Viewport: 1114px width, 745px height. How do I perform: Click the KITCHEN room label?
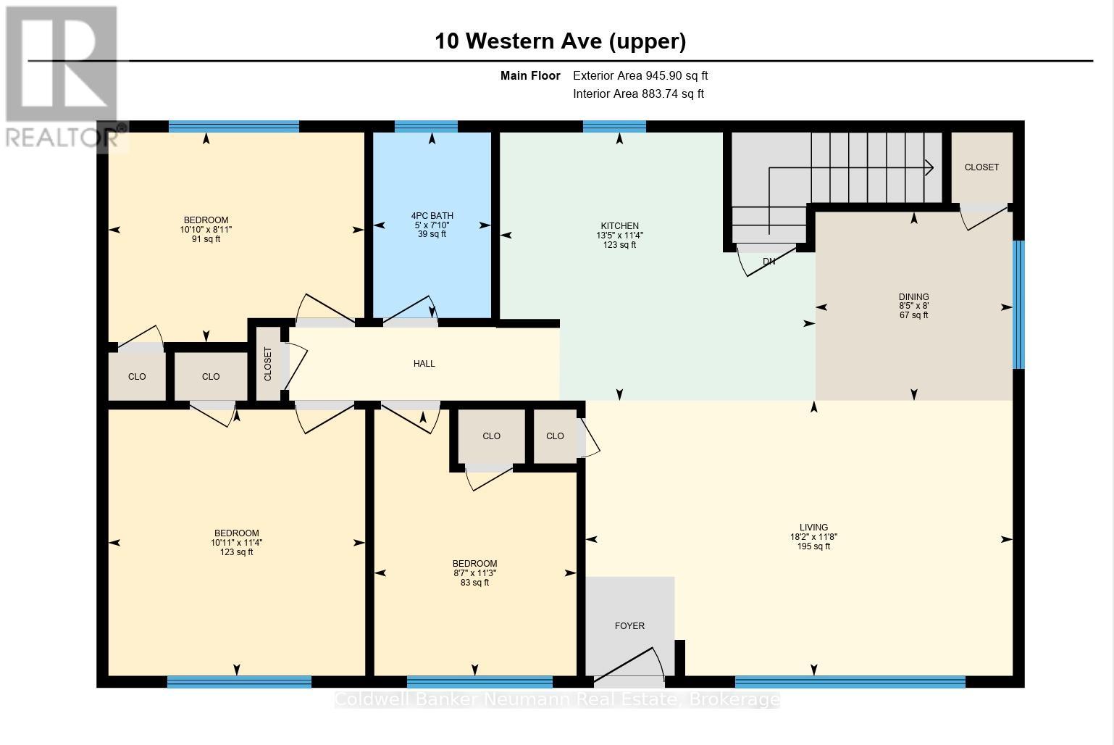(619, 226)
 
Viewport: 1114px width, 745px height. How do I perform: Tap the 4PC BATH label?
(432, 216)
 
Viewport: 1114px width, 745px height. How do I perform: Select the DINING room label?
(913, 297)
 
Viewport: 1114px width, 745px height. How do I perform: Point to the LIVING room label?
(813, 528)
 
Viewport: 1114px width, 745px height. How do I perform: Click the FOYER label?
(629, 626)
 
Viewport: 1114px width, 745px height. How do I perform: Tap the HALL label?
(424, 364)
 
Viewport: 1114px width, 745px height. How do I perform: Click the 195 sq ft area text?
(813, 546)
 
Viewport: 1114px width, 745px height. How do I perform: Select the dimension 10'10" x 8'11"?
(206, 230)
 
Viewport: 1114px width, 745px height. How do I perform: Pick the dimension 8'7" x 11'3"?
(474, 573)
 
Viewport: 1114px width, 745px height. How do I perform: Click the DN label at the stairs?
(769, 262)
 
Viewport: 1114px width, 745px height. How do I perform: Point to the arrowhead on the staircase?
(929, 167)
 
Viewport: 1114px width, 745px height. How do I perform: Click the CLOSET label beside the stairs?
(981, 167)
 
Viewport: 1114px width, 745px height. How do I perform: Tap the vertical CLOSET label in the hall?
(268, 365)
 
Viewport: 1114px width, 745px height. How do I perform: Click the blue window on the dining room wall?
(1018, 304)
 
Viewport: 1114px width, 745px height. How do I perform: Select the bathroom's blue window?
(426, 126)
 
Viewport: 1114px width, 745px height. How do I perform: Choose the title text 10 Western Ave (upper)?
(561, 41)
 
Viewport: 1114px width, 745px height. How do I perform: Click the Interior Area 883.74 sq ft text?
(638, 94)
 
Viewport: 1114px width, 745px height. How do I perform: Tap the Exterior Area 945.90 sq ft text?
(640, 76)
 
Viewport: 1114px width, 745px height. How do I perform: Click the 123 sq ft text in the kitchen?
(619, 245)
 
